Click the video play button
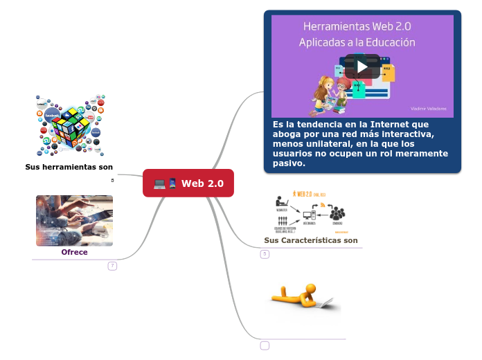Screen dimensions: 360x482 coord(362,66)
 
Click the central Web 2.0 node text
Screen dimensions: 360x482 coord(202,183)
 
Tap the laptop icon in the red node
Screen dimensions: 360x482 coord(159,183)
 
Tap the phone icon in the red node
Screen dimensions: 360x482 coord(172,183)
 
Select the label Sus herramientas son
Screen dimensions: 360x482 coord(69,167)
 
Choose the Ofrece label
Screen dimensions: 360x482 coord(74,252)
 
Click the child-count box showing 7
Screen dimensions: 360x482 coord(112,266)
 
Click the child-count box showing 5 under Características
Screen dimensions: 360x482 coord(265,254)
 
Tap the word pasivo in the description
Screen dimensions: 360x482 coord(289,163)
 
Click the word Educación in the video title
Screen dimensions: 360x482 coord(389,42)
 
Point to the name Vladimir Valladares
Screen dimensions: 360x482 coord(428,109)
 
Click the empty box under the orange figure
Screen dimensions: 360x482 coord(265,345)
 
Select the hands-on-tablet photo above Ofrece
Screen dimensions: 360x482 coord(74,220)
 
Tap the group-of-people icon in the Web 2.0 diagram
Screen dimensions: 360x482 coord(337,214)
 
